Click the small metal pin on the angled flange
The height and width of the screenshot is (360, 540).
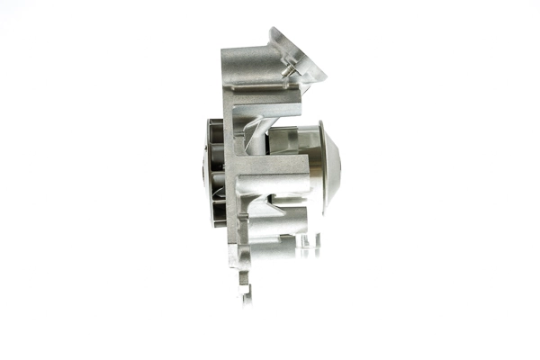(288, 71)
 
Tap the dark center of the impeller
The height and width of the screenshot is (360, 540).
(206, 170)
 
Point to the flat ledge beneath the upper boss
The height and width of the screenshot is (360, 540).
(270, 122)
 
